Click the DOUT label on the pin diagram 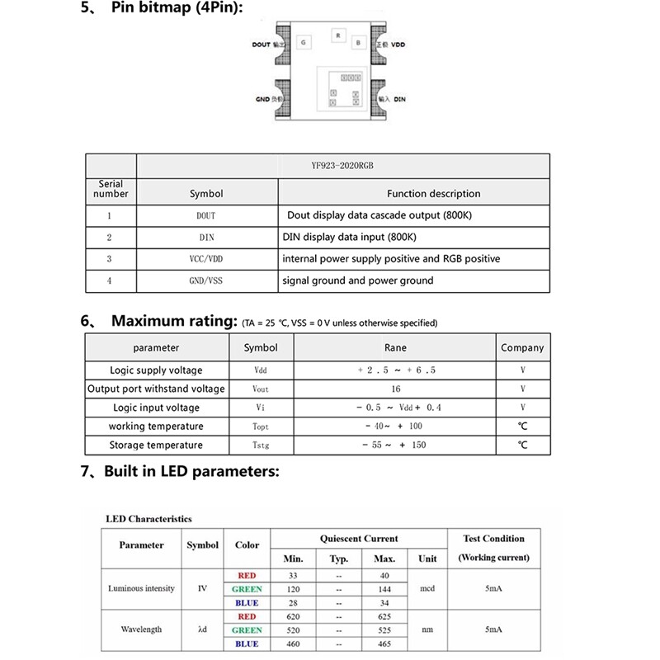click(262, 45)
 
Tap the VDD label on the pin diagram click(398, 45)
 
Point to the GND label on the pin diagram click(262, 98)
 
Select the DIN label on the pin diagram click(400, 98)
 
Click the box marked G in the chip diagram click(304, 41)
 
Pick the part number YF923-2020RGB click(343, 165)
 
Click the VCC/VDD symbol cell click(206, 258)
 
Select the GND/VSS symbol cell click(206, 280)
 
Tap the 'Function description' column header click(433, 194)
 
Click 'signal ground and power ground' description click(358, 280)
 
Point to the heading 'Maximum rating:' click(174, 321)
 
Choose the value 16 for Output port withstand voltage click(396, 389)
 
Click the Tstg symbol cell click(260, 445)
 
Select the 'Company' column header click(522, 348)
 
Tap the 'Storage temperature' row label click(156, 445)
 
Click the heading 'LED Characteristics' click(148, 519)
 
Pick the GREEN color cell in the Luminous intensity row click(247, 589)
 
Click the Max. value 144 click(384, 589)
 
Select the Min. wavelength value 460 click(294, 643)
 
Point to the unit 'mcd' click(427, 589)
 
